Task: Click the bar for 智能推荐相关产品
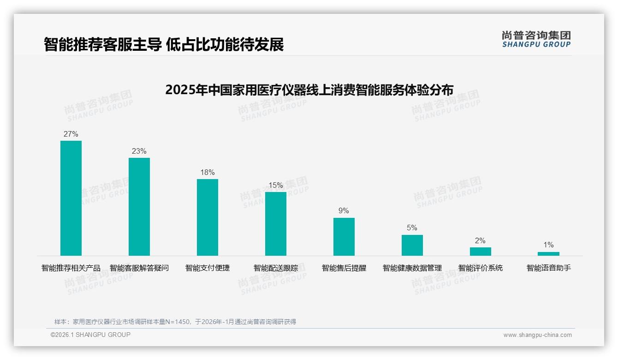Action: [71, 198]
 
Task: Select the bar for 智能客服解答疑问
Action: [139, 207]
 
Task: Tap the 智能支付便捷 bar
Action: [208, 217]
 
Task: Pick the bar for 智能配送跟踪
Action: [276, 224]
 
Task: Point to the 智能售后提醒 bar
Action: [344, 237]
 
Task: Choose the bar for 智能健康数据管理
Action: [412, 245]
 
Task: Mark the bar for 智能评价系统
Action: [481, 252]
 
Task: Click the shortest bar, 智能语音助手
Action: [548, 254]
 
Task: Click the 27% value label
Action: [71, 134]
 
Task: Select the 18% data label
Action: [208, 173]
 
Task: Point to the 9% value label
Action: [344, 211]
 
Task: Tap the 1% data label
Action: [548, 245]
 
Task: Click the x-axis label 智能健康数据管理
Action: [412, 268]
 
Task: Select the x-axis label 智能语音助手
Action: [548, 268]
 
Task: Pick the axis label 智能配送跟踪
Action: [276, 268]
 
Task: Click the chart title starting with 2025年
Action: [309, 90]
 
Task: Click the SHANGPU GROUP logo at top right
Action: [536, 39]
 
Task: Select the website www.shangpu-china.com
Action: [537, 335]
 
